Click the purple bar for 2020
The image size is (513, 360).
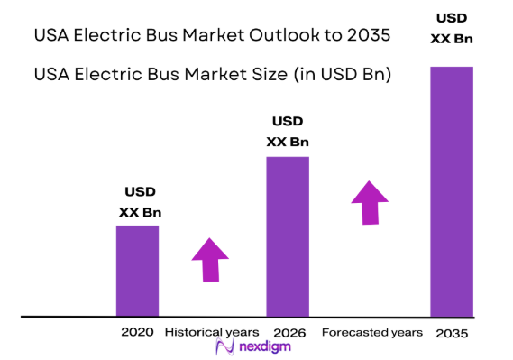click(x=137, y=271)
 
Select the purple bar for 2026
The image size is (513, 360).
click(x=288, y=236)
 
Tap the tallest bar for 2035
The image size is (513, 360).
click(x=452, y=191)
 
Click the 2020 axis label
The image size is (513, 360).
click(x=137, y=332)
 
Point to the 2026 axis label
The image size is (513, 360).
click(x=289, y=333)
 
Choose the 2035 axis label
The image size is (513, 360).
click(x=452, y=333)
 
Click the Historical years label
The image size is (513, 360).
click(x=211, y=332)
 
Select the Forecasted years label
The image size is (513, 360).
click(x=371, y=332)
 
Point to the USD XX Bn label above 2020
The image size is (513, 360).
click(x=139, y=202)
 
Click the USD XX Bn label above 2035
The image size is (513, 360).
click(x=452, y=28)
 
